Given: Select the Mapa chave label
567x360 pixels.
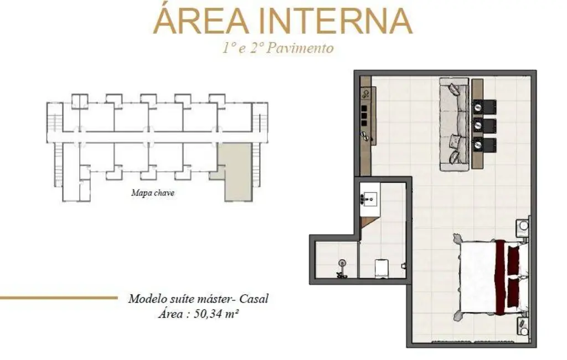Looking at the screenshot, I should [153, 193].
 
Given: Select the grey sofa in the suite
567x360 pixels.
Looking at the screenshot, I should [454, 124].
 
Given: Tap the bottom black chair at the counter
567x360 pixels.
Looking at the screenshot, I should [484, 144].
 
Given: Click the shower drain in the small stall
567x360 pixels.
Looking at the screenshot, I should [342, 262].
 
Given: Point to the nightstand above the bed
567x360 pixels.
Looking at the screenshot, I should [523, 227].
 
